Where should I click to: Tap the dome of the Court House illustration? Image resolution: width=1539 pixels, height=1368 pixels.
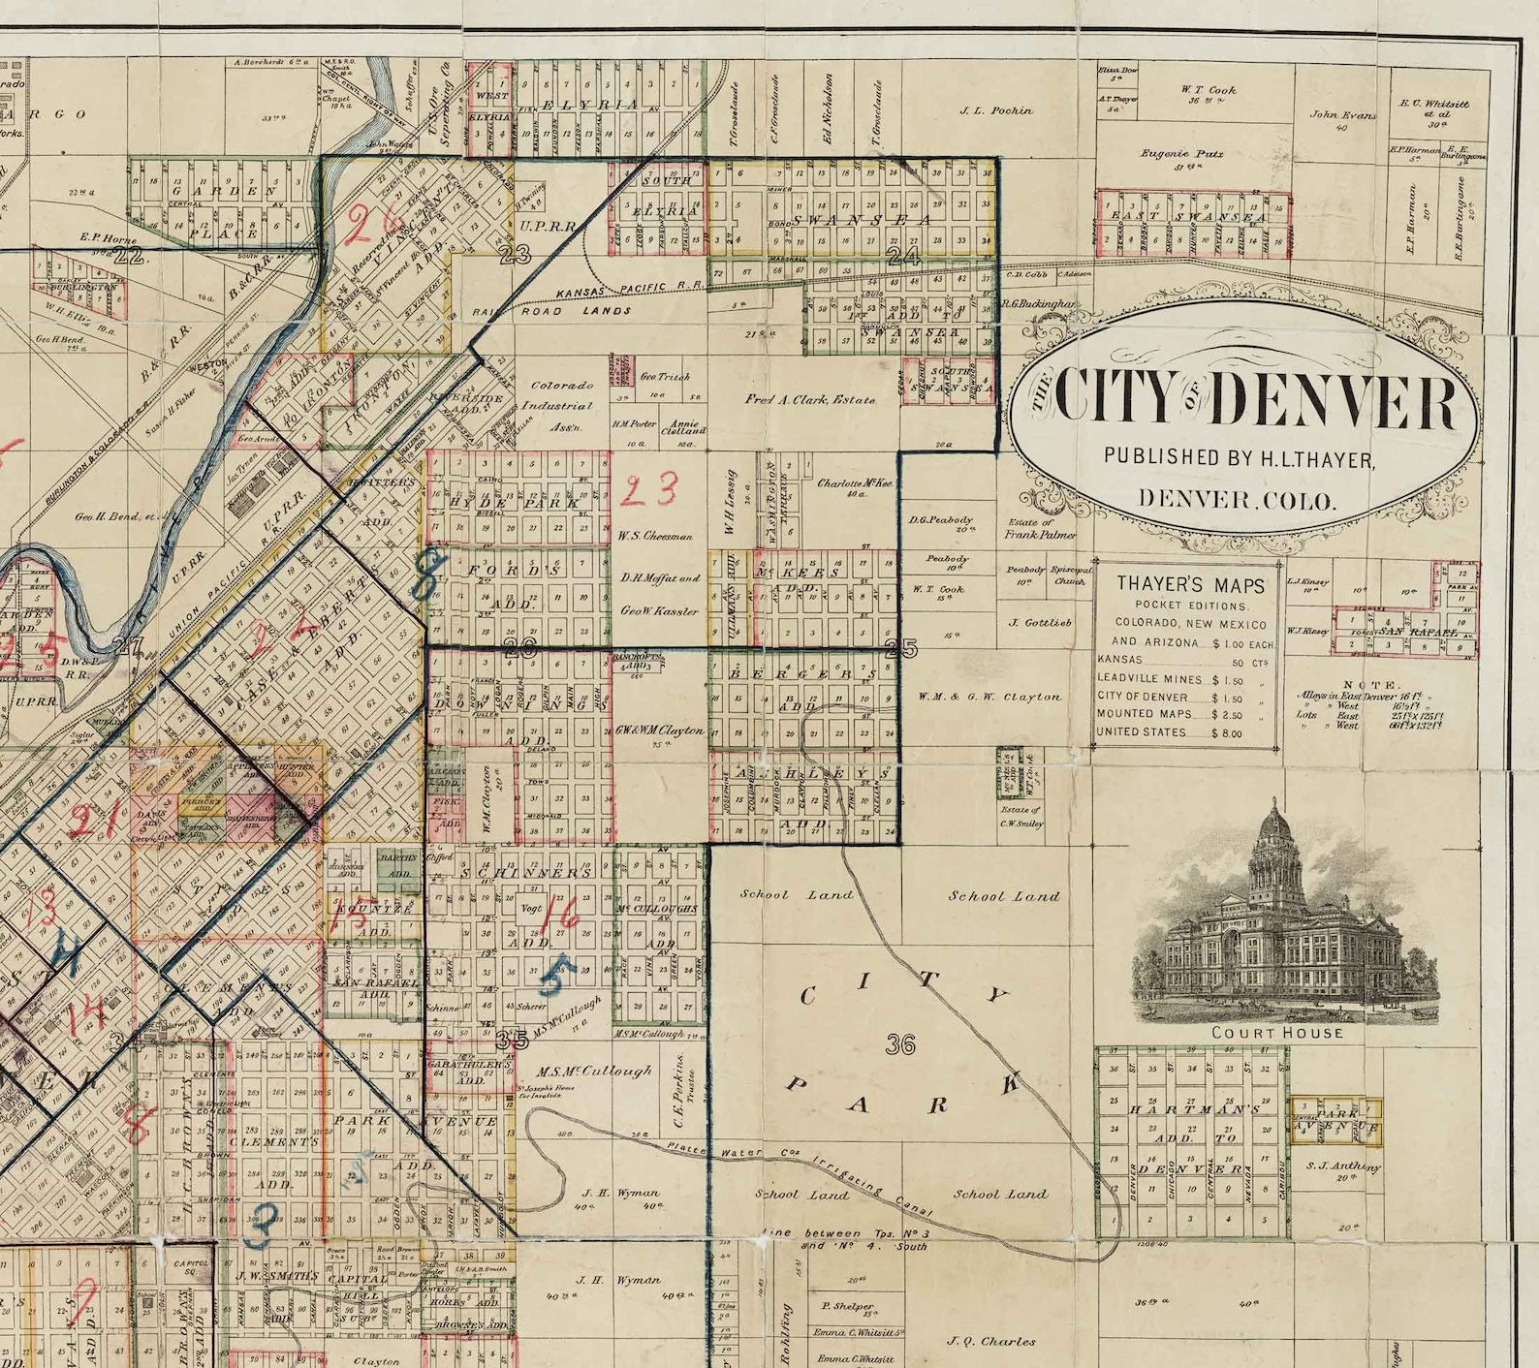pos(1272,831)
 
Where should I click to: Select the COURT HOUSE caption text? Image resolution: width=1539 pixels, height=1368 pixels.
pos(1277,1033)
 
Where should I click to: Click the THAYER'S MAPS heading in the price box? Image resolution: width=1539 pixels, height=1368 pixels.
pos(1190,584)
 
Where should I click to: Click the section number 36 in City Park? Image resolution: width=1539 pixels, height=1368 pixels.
pos(900,1043)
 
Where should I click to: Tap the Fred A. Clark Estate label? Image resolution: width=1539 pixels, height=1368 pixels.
pos(810,399)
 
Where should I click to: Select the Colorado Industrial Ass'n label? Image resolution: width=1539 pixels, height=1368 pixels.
pos(560,406)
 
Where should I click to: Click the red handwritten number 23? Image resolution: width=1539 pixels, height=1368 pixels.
pos(648,491)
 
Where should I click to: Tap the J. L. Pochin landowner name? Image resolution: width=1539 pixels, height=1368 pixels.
pos(996,110)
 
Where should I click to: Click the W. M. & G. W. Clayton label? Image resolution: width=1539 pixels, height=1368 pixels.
pos(989,697)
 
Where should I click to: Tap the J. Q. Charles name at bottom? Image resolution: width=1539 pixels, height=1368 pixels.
pos(990,1341)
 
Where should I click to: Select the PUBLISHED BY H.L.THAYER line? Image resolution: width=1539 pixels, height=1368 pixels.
pos(1239,457)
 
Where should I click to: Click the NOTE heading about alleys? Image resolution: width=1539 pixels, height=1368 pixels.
pos(1370,685)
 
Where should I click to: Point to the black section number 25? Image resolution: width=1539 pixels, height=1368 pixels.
pos(900,648)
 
